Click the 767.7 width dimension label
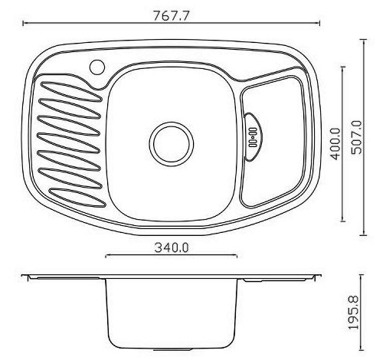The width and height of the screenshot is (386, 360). click(172, 16)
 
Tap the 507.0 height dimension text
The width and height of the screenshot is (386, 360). click(356, 137)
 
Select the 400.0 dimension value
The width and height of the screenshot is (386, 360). click(335, 144)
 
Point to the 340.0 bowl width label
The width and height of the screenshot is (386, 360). click(172, 247)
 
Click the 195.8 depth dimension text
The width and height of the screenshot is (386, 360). click(354, 313)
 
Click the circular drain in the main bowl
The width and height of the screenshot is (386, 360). click(172, 144)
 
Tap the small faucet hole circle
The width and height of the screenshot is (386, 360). click(97, 67)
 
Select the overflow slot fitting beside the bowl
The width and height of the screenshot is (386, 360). click(253, 137)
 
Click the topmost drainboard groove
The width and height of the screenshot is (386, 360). click(71, 91)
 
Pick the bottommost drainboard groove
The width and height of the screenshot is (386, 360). click(78, 197)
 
